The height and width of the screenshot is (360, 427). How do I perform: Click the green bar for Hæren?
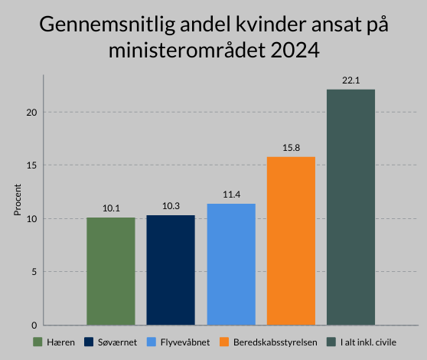(110, 271)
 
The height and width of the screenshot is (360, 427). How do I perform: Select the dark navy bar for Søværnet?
(171, 270)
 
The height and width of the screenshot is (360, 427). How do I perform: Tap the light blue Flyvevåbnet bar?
(230, 264)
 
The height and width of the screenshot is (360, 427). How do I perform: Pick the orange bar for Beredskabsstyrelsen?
(291, 241)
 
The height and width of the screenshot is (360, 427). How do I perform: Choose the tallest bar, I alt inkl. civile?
(350, 207)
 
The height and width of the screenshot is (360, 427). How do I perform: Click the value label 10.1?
(110, 208)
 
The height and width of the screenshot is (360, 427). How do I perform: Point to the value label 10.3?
(171, 206)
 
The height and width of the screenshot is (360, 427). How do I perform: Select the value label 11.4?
(230, 195)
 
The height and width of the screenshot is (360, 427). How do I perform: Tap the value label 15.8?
(291, 148)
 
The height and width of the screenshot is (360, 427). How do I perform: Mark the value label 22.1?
(350, 80)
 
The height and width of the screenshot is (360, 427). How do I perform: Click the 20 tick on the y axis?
(31, 113)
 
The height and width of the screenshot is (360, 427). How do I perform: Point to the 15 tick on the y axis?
(31, 165)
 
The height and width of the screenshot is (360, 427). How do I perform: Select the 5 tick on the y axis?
(34, 272)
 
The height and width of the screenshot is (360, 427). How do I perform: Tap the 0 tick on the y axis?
(34, 325)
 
